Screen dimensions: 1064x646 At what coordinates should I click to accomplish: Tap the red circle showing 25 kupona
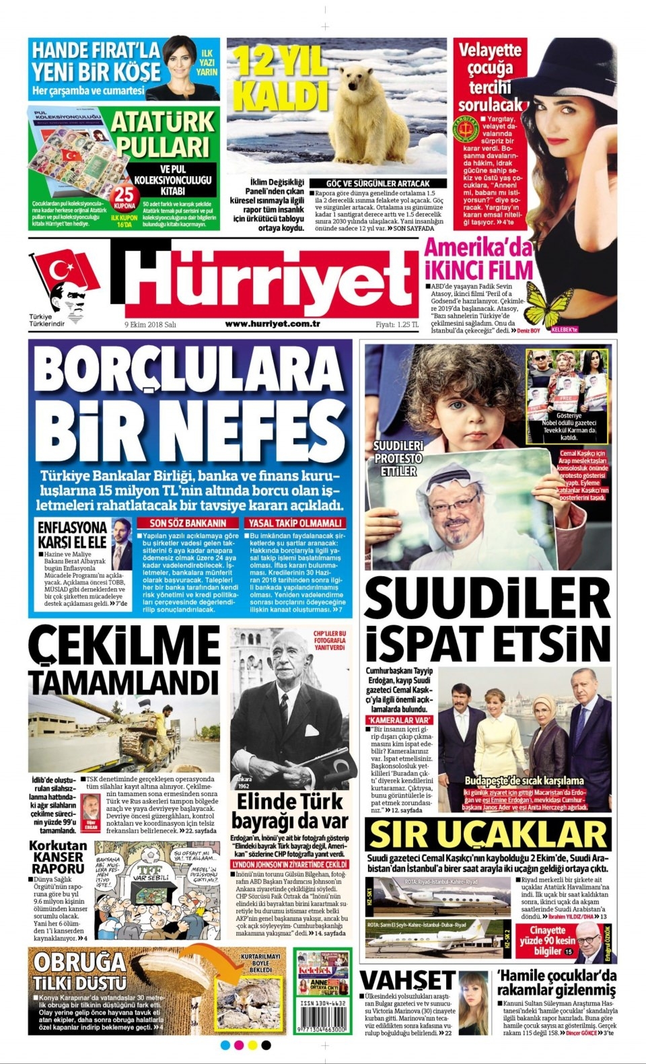coord(123,197)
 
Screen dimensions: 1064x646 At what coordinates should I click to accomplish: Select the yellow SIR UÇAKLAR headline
coord(488,835)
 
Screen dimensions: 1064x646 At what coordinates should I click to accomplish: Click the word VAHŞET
coord(408,980)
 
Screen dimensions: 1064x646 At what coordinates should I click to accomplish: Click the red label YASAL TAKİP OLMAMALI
coord(295,523)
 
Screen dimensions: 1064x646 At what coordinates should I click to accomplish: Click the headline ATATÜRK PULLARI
coord(162,135)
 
